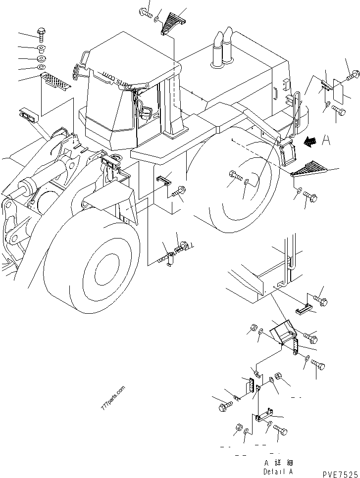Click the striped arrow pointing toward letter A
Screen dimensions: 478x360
[x=310, y=142]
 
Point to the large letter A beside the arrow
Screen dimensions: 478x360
[x=325, y=141]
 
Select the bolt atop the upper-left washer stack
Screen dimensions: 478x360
[x=41, y=34]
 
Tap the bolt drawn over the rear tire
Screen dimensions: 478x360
[x=235, y=175]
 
